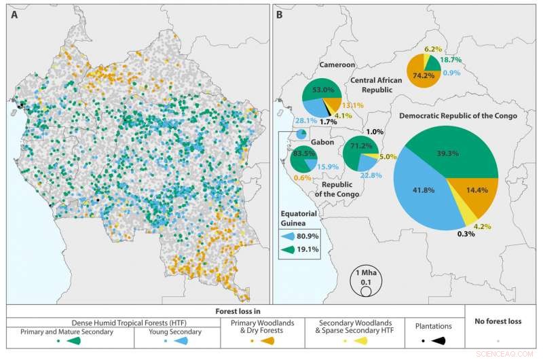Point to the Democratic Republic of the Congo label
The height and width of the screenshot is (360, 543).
(459, 115)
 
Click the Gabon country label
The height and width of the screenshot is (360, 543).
(303, 145)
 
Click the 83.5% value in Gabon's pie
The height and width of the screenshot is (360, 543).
(299, 154)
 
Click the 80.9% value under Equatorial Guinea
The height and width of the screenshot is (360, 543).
(312, 236)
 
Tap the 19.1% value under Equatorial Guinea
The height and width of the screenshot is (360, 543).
(312, 250)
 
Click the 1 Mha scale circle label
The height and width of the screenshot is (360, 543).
(365, 273)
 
